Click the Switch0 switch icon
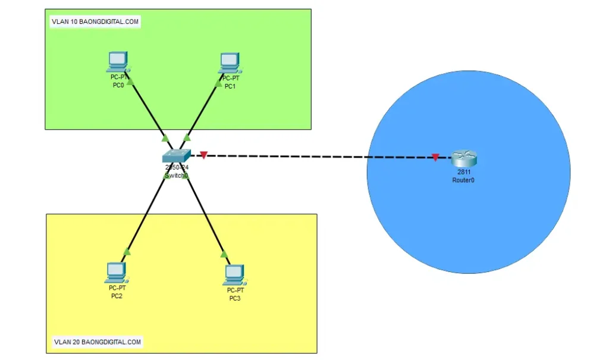[x=177, y=156]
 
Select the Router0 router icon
[x=464, y=159]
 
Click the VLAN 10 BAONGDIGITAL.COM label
[x=95, y=22]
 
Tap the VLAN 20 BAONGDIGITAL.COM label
[x=98, y=342]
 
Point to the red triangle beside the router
[x=435, y=158]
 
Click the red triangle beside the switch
[x=203, y=155]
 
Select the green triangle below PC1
[x=218, y=82]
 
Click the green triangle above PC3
[x=224, y=254]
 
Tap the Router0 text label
[x=463, y=180]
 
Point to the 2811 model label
[x=464, y=172]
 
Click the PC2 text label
[x=117, y=296]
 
